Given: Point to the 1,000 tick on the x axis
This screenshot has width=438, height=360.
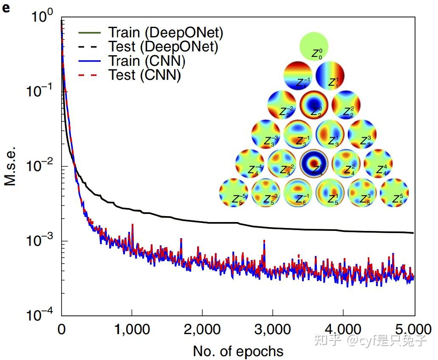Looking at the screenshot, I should (x=132, y=329).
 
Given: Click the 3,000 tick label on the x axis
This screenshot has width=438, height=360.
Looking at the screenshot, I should (x=272, y=329).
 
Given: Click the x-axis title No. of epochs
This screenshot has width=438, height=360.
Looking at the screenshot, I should (x=238, y=351).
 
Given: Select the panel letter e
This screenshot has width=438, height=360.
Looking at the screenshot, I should (x=6, y=7).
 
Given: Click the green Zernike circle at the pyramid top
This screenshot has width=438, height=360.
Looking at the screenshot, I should (x=314, y=46).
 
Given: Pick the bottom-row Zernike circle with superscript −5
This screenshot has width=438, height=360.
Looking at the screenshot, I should (x=234, y=193).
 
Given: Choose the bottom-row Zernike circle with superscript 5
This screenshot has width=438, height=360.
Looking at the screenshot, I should (x=394, y=193).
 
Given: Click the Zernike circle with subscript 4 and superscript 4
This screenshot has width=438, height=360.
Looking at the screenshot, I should (x=378, y=163).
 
